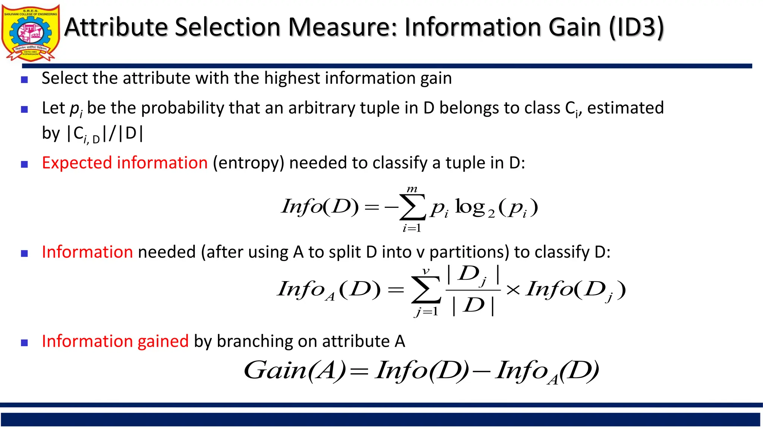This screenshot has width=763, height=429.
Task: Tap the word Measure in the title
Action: pyautogui.click(x=342, y=28)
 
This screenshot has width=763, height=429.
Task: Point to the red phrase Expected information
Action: pyautogui.click(x=124, y=163)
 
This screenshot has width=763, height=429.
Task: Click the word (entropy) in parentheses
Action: pyautogui.click(x=248, y=163)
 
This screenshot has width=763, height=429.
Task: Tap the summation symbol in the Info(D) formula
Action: pyautogui.click(x=412, y=208)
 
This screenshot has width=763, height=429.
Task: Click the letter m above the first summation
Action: pyautogui.click(x=412, y=189)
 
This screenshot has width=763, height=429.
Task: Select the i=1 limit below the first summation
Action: pyautogui.click(x=412, y=228)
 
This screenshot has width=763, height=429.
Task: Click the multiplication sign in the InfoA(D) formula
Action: pyautogui.click(x=513, y=290)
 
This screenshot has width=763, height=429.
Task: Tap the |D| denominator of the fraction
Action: pyautogui.click(x=473, y=306)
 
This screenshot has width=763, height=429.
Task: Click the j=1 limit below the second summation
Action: pyautogui.click(x=426, y=311)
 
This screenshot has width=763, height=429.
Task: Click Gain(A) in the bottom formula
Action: pyautogui.click(x=295, y=371)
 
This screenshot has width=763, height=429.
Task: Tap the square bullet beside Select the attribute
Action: pyautogui.click(x=25, y=79)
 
